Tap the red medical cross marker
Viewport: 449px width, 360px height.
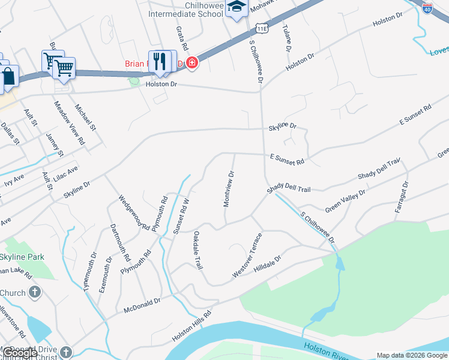tap(192, 62)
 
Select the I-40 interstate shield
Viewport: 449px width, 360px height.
tap(427, 10)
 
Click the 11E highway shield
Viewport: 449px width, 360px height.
tap(260, 28)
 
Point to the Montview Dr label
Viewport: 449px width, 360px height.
tap(228, 188)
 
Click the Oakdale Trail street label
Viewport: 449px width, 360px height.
tap(196, 251)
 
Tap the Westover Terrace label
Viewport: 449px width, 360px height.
tap(247, 255)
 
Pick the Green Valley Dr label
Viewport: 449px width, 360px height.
tap(345, 200)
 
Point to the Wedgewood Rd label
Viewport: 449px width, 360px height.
tap(133, 213)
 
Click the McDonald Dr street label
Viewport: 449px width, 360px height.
tap(142, 306)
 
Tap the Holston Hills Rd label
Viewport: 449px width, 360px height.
tap(192, 326)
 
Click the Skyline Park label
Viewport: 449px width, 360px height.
tap(22, 257)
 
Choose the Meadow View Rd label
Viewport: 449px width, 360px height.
tap(70, 123)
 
